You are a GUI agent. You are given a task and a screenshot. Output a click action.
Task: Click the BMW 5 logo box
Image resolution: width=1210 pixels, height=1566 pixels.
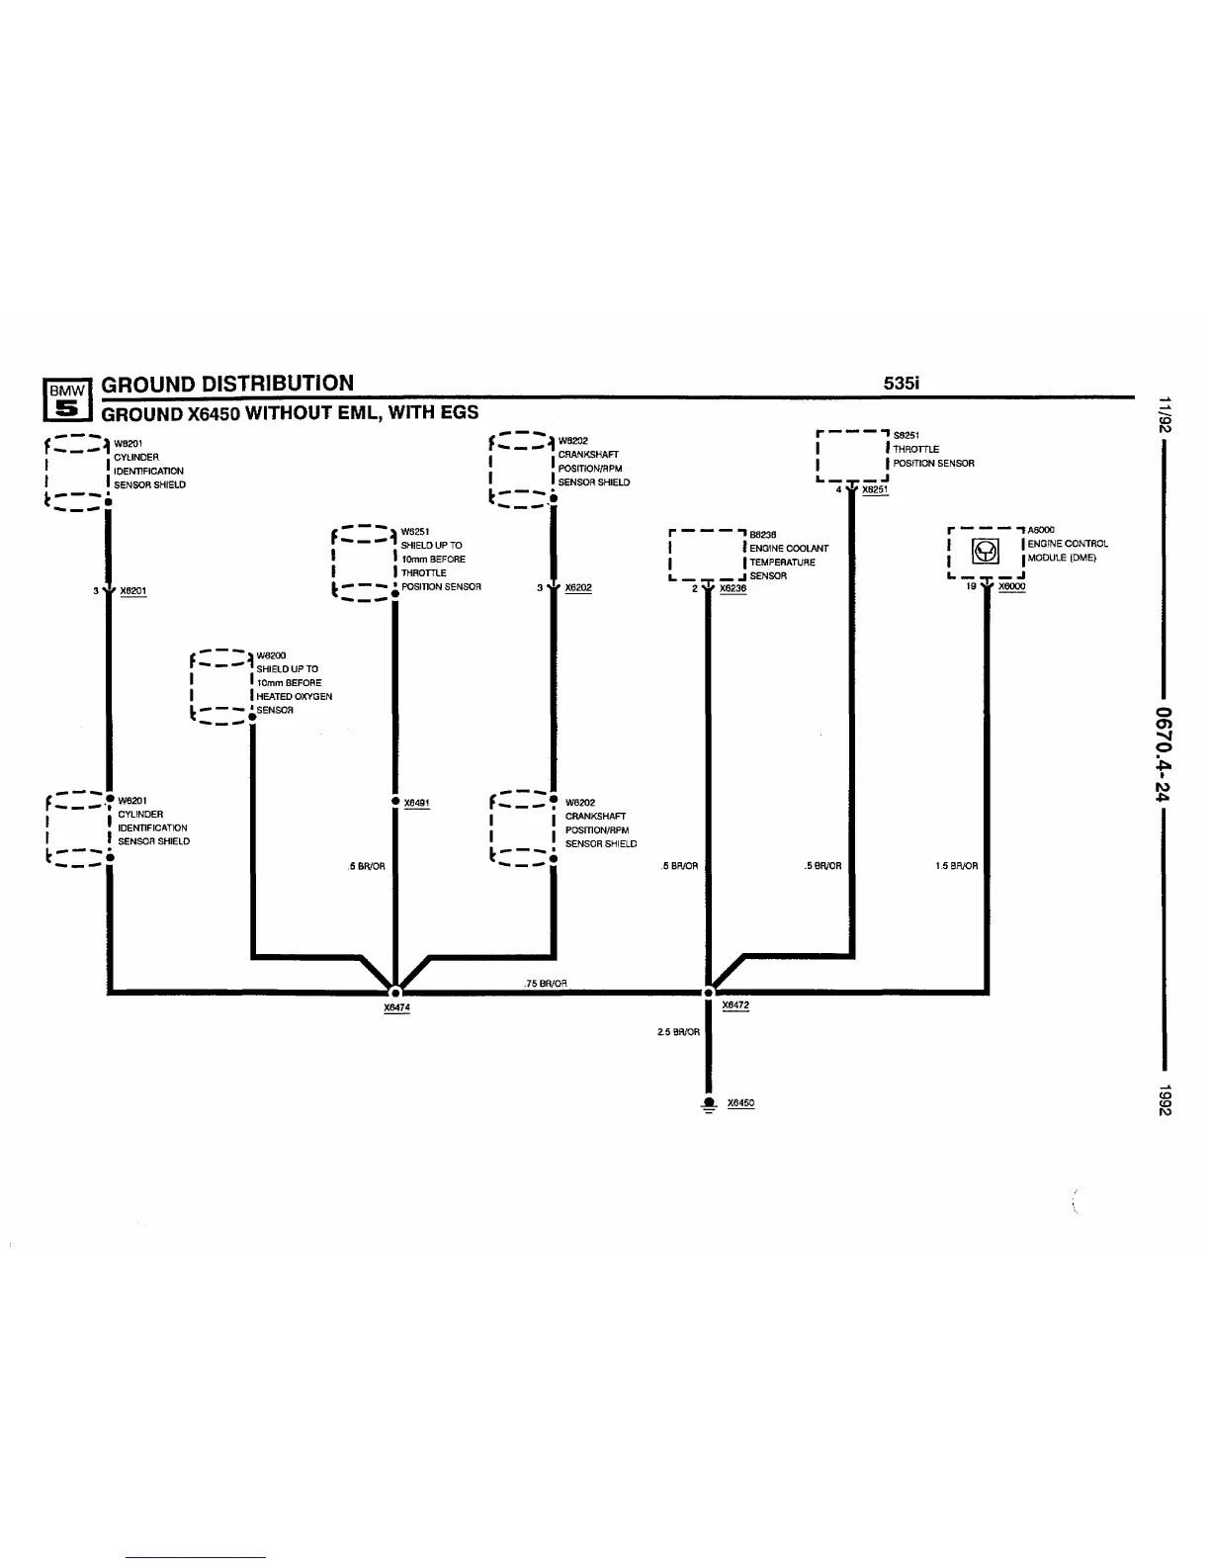tap(65, 398)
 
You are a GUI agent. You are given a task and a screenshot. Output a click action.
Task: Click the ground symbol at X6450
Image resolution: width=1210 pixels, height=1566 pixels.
tap(709, 1105)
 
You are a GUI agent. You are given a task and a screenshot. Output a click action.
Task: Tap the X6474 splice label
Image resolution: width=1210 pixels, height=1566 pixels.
tap(396, 1007)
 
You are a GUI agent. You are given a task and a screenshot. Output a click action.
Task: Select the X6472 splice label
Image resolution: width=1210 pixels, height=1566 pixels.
tap(735, 1005)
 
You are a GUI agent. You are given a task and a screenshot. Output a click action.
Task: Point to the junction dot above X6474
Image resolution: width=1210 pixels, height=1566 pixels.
tap(395, 992)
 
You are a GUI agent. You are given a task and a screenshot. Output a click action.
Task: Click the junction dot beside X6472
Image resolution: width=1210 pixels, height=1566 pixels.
tap(709, 992)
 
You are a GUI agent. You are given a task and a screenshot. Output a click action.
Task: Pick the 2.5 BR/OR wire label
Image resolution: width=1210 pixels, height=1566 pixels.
tap(678, 1032)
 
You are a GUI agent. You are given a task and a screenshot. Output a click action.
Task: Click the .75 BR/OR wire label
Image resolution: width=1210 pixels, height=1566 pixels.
tap(545, 983)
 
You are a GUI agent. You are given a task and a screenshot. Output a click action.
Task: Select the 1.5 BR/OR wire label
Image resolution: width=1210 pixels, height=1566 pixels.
tap(956, 866)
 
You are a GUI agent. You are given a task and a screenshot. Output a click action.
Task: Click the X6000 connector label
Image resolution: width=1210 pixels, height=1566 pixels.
tap(1012, 586)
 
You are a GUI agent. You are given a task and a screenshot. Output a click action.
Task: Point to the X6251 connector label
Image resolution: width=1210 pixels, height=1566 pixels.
tap(875, 489)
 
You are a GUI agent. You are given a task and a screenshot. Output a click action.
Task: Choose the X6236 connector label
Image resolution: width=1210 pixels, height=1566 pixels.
tap(734, 588)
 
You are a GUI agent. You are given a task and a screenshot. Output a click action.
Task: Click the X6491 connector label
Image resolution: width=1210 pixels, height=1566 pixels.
tap(417, 803)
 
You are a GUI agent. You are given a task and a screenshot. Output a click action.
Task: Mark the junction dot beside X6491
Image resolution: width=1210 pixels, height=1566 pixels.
tap(395, 802)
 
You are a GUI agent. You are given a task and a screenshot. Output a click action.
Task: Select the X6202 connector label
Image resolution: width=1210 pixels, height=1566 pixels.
tap(578, 587)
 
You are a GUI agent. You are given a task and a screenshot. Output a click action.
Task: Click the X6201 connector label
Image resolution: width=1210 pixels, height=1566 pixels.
tap(133, 591)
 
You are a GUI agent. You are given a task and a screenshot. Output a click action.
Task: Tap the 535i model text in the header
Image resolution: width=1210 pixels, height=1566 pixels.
tap(904, 384)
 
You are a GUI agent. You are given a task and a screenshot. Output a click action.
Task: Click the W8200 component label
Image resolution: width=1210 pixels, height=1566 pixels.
tap(271, 655)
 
